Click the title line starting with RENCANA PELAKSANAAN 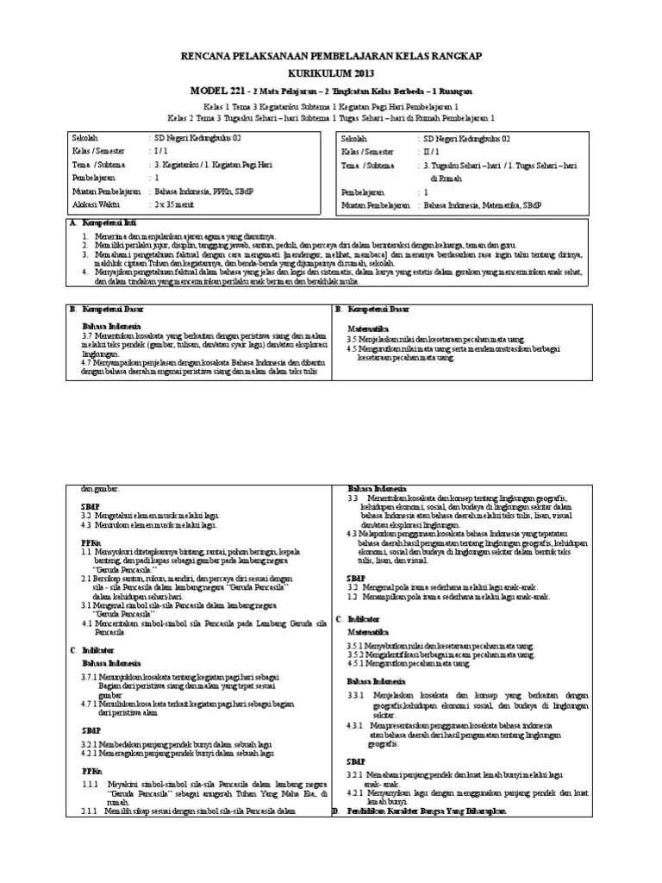click(x=330, y=56)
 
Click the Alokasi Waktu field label click(x=97, y=205)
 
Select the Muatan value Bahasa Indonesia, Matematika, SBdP click(x=486, y=205)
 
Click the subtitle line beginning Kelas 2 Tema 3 click(x=330, y=117)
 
